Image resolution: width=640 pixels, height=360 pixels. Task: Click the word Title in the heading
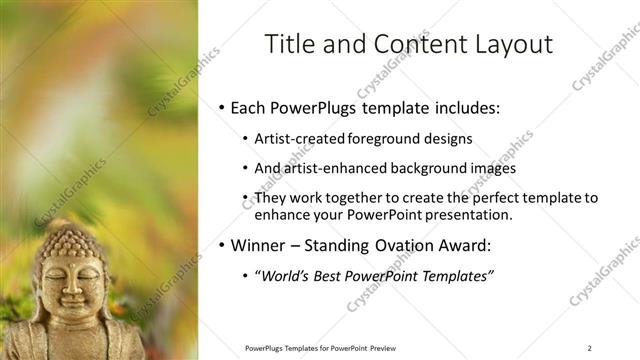pyautogui.click(x=290, y=44)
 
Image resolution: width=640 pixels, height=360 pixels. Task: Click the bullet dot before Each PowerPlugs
pyautogui.click(x=221, y=107)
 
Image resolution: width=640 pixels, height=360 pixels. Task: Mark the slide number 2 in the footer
pyautogui.click(x=590, y=347)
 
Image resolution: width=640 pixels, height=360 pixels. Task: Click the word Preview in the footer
pyautogui.click(x=383, y=347)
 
